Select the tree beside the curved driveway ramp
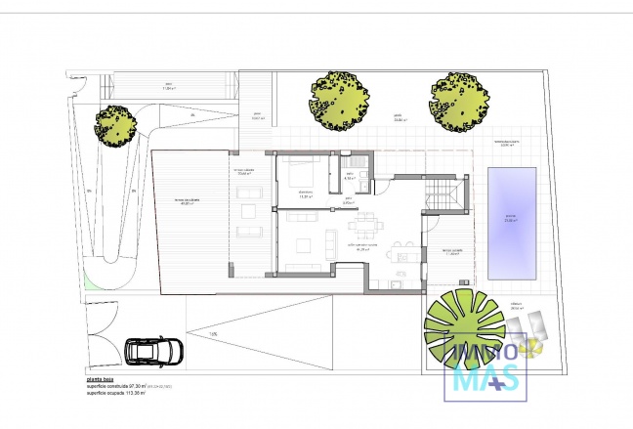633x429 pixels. click(x=115, y=122)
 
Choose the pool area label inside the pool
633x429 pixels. click(x=510, y=219)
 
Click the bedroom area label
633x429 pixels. click(x=305, y=196)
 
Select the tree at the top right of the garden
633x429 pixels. click(x=460, y=98)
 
